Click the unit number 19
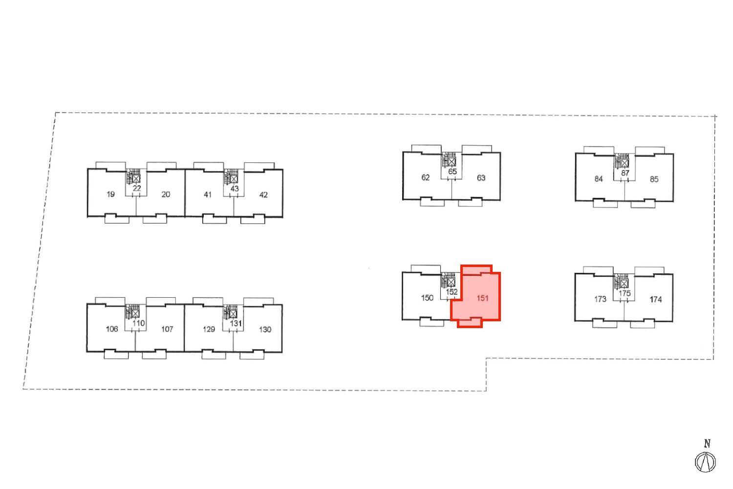(110, 194)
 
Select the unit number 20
(166, 194)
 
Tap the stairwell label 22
(137, 188)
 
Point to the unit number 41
(208, 195)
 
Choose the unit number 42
(263, 195)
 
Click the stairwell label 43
(235, 189)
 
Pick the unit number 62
(426, 178)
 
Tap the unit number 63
(481, 178)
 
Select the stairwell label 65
(453, 172)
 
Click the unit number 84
(599, 179)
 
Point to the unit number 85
(654, 179)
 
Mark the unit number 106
(112, 329)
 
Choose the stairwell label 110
(138, 323)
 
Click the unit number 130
(265, 330)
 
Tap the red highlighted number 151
(483, 298)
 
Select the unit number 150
(427, 298)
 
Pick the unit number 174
(656, 299)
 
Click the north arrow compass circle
(706, 462)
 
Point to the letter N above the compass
(707, 444)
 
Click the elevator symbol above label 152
(451, 282)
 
